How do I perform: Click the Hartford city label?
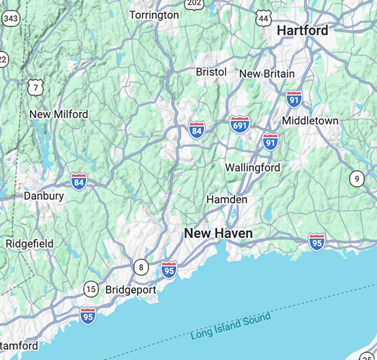tap(302, 31)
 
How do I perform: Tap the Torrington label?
tap(154, 14)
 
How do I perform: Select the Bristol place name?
tap(211, 72)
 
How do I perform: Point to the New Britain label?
tap(267, 74)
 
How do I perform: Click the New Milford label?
tap(59, 114)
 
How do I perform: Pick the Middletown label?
tap(310, 120)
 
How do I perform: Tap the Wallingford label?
tap(253, 168)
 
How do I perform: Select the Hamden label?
tap(227, 199)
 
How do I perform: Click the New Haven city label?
tap(218, 233)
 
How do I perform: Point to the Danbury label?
tap(44, 196)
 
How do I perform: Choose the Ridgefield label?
tap(29, 244)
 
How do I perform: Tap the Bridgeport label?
tap(130, 290)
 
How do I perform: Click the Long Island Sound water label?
tap(230, 327)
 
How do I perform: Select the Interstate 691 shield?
tap(239, 125)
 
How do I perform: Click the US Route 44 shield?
tap(263, 19)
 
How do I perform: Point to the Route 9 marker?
tap(357, 178)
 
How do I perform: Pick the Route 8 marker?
tap(141, 267)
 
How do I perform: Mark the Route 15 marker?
tap(90, 289)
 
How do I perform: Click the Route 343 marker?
tap(10, 19)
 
